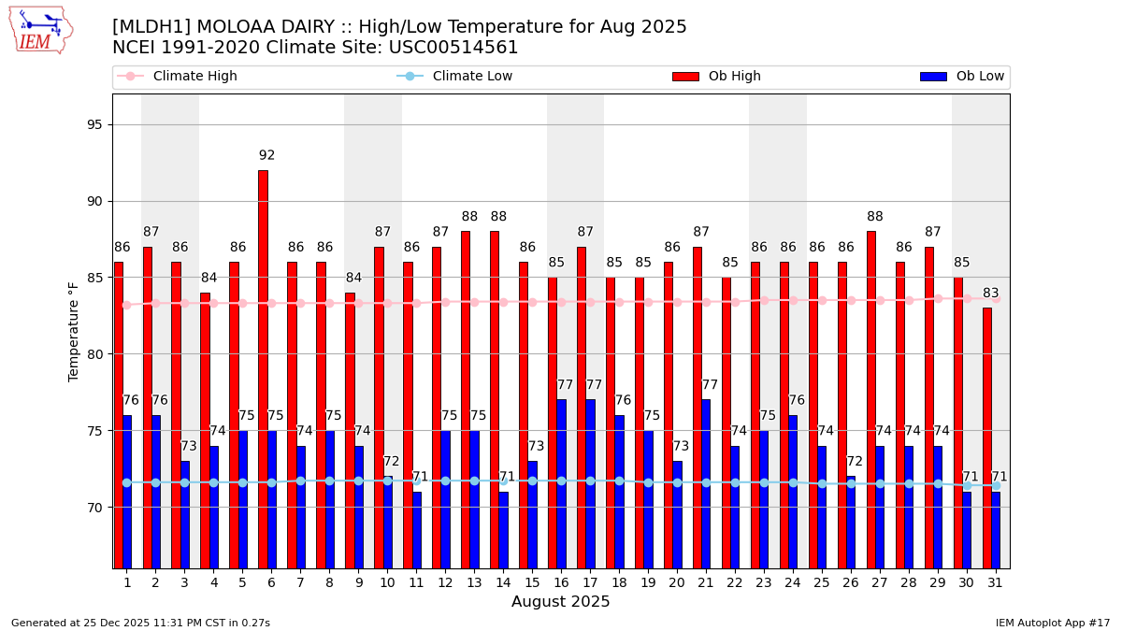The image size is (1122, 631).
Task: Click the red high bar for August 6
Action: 263,369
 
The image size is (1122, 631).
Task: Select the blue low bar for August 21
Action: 706,483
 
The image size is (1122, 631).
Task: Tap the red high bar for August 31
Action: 987,437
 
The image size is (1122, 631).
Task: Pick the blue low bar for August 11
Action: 416,529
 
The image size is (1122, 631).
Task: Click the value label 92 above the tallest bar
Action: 267,156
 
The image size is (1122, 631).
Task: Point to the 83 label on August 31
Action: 991,294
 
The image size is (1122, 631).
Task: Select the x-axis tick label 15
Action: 532,582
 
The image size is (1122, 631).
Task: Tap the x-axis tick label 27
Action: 880,582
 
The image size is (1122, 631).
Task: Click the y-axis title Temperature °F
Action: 74,331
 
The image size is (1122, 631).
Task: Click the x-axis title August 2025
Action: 560,602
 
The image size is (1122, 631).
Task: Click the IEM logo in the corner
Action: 40,30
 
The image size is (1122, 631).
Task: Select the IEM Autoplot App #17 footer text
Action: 1052,623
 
